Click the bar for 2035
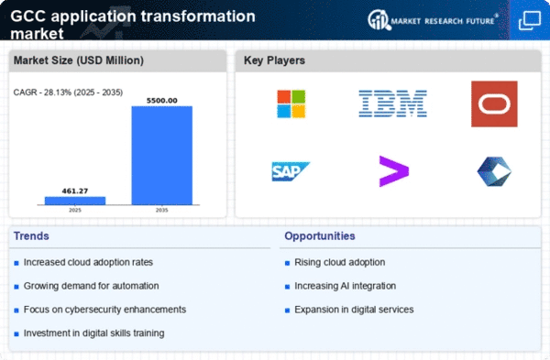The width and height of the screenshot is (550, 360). click(161, 156)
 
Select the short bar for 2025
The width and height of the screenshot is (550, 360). click(75, 201)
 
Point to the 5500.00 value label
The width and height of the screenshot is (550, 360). click(161, 101)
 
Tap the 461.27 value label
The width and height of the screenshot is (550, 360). click(75, 191)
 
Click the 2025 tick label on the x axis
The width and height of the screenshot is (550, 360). click(75, 211)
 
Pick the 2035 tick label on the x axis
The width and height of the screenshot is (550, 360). click(161, 211)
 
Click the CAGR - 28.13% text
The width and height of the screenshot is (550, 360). click(42, 93)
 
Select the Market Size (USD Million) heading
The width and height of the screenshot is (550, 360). click(79, 60)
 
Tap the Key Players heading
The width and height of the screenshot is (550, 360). click(274, 60)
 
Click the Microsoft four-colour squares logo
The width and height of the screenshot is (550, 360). click(291, 104)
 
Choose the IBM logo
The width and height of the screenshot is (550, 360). click(392, 104)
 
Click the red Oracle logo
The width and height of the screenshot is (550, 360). click(494, 104)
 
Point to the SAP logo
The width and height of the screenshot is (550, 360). click(291, 171)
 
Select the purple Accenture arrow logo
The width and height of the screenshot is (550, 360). click(394, 171)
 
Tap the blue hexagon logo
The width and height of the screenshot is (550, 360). click(494, 171)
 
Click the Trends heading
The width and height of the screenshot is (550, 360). click(31, 236)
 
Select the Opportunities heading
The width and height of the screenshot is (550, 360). click(320, 236)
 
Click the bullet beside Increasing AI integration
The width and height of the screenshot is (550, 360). click(287, 287)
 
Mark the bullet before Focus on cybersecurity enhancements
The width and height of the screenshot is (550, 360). click(16, 311)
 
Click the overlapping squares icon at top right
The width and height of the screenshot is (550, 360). click(530, 20)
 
